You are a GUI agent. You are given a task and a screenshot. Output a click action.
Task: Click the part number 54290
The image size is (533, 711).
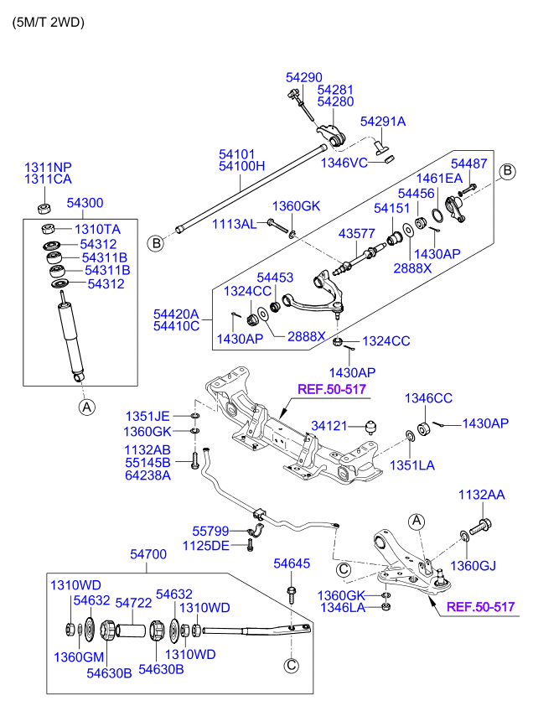303,77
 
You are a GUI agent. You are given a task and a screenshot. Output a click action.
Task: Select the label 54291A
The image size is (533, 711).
383,122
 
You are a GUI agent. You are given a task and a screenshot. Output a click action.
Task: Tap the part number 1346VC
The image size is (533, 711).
344,162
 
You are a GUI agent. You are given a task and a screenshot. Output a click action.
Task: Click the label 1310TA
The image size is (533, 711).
98,229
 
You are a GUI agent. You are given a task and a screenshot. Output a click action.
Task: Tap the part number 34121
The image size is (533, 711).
329,426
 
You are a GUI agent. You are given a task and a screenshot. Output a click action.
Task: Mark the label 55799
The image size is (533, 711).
210,531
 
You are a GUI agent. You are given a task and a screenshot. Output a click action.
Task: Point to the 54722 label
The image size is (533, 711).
132,602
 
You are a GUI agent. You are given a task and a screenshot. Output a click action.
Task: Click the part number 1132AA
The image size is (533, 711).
481,496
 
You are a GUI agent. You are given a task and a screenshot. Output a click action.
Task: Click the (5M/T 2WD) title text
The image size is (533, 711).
48,23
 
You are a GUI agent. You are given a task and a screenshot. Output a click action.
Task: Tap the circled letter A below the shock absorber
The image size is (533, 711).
86,407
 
